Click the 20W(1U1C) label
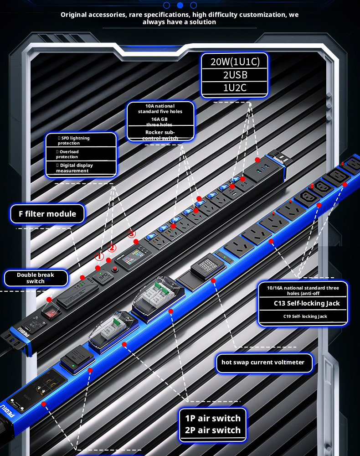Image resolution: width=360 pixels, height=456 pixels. [x=235, y=62]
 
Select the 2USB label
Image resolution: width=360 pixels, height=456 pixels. [x=235, y=75]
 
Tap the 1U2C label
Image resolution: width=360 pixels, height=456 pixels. [x=235, y=88]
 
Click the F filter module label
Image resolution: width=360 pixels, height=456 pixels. [x=47, y=213]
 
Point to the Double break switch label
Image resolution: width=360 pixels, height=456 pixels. [x=36, y=278]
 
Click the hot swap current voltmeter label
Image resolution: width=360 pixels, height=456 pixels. [x=264, y=363]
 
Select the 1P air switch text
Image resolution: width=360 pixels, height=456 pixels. [x=212, y=418]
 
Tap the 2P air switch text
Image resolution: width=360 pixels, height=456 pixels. [x=212, y=430]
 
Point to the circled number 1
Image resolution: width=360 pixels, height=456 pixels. [x=99, y=257]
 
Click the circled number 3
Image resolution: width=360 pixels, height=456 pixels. [x=132, y=234]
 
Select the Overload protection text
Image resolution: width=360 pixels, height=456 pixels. [x=68, y=154]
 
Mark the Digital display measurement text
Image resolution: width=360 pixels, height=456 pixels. [x=73, y=168]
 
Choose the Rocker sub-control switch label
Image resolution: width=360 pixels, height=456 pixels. [x=160, y=135]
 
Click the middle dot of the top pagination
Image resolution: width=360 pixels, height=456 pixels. [x=180, y=5]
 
